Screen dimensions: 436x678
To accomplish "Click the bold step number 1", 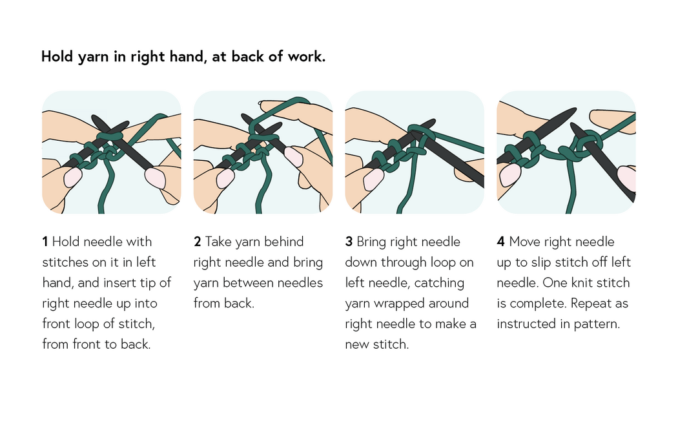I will click(45, 242).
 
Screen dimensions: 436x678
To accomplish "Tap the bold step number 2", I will click(198, 242).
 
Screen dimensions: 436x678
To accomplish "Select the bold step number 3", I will click(349, 242).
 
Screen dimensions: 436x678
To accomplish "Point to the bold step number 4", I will click(500, 242).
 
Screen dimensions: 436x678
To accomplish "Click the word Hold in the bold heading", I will click(57, 57).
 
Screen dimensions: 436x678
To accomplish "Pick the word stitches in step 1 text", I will click(65, 262).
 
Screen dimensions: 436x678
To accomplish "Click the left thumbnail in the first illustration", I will click(72, 178).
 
